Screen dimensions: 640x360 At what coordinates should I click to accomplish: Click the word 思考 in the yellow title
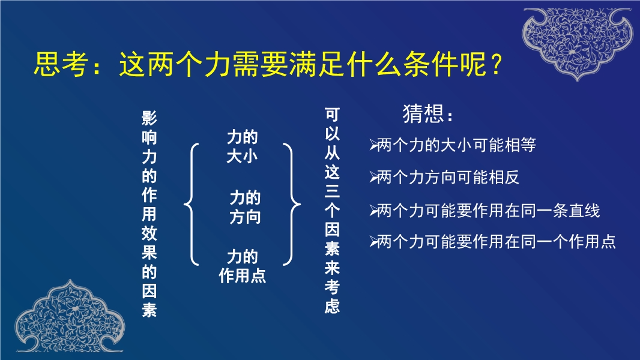tap(61, 64)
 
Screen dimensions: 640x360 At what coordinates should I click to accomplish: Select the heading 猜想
tap(423, 113)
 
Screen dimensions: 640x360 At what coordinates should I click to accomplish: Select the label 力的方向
tap(245, 207)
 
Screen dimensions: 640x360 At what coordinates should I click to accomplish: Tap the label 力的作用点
tap(243, 266)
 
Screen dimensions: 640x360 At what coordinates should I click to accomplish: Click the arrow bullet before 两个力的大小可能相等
tap(373, 145)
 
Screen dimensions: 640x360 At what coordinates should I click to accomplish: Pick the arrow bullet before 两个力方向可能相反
tap(373, 178)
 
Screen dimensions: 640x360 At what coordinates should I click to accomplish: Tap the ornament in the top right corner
tap(578, 43)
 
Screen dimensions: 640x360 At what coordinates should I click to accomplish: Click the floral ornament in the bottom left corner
tap(70, 316)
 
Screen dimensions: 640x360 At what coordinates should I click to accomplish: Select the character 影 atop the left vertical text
tap(149, 118)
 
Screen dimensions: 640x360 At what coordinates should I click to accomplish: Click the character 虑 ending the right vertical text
tap(332, 306)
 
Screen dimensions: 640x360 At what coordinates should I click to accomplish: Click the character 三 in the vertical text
tap(332, 191)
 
